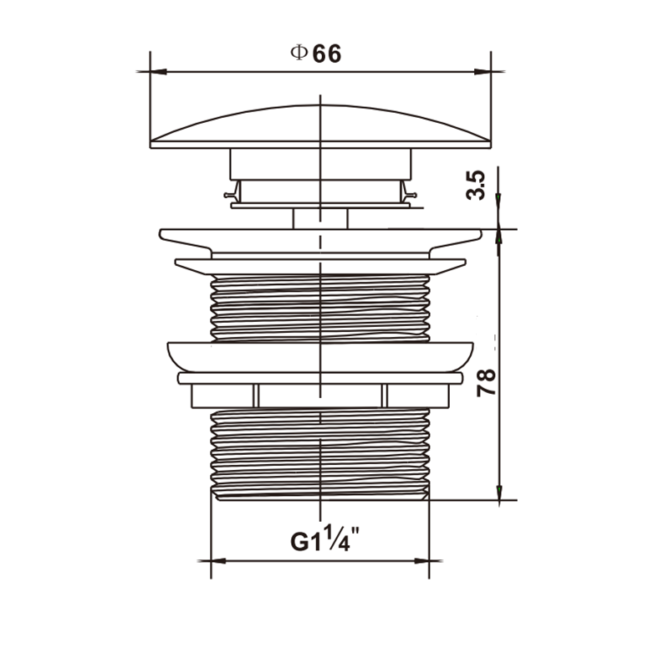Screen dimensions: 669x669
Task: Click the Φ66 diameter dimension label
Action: (x=316, y=54)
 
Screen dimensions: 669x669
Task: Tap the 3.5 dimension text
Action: (x=476, y=185)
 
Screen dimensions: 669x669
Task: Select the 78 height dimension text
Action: (x=486, y=383)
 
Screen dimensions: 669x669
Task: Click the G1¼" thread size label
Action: (x=325, y=539)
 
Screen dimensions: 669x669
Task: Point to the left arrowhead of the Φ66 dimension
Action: (x=158, y=72)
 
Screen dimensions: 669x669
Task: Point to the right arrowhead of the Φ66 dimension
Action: (x=483, y=72)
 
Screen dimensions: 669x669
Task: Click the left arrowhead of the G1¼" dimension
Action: (x=218, y=560)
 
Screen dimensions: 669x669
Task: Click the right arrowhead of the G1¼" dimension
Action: (x=421, y=560)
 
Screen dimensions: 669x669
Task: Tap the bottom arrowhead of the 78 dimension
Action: (x=498, y=493)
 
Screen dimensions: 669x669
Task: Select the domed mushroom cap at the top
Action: (x=320, y=127)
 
